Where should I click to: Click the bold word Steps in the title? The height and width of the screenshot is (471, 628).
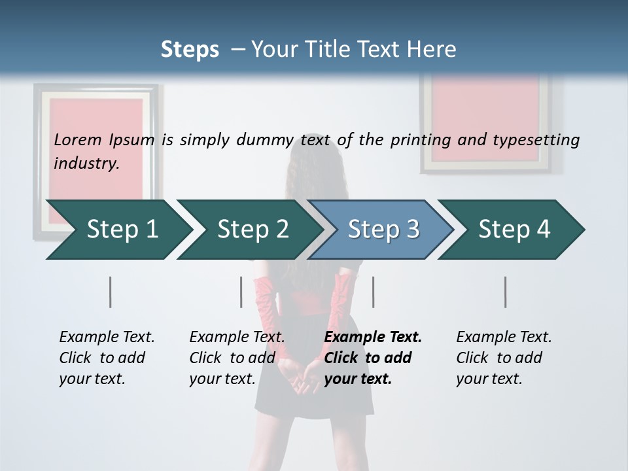point(190,50)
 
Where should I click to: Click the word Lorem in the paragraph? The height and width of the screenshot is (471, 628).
point(78,140)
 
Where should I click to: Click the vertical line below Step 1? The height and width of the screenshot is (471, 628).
point(110,292)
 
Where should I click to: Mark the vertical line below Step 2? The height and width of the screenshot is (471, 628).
point(241,292)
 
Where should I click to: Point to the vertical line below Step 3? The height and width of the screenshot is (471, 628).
point(373,292)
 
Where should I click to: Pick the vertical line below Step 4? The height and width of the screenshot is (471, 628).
point(506,292)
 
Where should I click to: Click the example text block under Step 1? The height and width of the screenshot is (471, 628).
point(106,358)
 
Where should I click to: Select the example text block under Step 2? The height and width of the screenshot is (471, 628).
point(236,358)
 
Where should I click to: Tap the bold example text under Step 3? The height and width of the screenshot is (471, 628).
point(372,358)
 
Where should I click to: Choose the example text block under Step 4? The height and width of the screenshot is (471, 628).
point(503,358)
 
